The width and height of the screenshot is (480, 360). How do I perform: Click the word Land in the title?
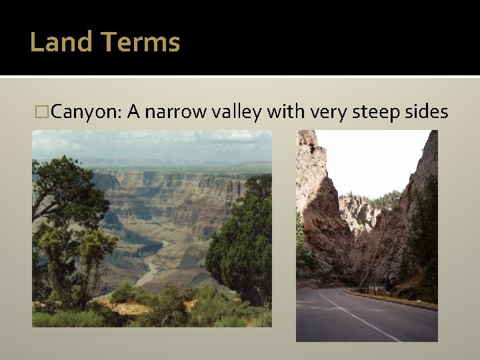pyautogui.click(x=61, y=42)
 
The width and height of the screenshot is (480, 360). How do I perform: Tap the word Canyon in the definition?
pyautogui.click(x=85, y=111)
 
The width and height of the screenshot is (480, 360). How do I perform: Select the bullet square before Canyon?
pyautogui.click(x=44, y=111)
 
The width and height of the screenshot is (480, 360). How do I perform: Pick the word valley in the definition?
pyautogui.click(x=236, y=111)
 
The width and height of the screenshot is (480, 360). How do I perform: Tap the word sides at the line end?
pyautogui.click(x=427, y=111)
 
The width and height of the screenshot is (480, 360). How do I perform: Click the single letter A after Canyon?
pyautogui.click(x=132, y=111)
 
